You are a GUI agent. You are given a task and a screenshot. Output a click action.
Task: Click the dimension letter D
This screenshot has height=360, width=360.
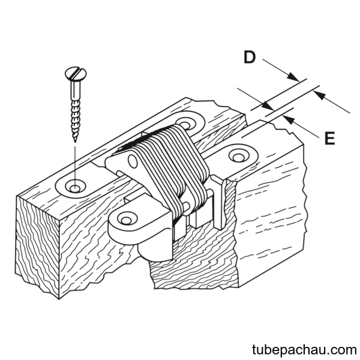pyautogui.click(x=250, y=57)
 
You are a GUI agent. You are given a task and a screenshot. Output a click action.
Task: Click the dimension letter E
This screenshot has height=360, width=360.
pyautogui.click(x=329, y=138)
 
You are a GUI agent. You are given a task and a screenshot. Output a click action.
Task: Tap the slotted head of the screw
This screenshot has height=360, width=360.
pyautogui.click(x=76, y=73)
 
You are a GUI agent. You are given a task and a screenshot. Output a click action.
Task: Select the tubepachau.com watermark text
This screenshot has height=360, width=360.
pyautogui.click(x=304, y=350)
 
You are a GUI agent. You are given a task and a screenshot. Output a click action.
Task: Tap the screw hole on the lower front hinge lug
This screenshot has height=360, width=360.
pyautogui.click(x=126, y=218)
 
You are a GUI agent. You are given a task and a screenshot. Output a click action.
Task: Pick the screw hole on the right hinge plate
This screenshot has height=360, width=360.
pyautogui.click(x=239, y=156)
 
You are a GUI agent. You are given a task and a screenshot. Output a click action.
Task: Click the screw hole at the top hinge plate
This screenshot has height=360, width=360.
pyautogui.click(x=185, y=124)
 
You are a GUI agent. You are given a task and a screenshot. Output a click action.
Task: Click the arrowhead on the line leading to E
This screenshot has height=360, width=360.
pyautogui.click(x=289, y=119)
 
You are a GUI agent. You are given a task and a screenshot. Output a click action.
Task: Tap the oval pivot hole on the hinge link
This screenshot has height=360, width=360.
pyautogui.click(x=133, y=161)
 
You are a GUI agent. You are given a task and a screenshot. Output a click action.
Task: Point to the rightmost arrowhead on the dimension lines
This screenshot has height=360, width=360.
pyautogui.click(x=319, y=95)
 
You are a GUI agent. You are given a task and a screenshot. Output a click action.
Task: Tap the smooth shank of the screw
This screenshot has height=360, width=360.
pyautogui.click(x=76, y=90)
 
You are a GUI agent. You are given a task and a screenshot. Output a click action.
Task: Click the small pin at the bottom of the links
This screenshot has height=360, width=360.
pyautogui.click(x=186, y=205)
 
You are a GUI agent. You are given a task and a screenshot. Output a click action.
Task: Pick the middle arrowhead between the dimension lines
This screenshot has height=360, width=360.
pyautogui.click(x=268, y=106)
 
